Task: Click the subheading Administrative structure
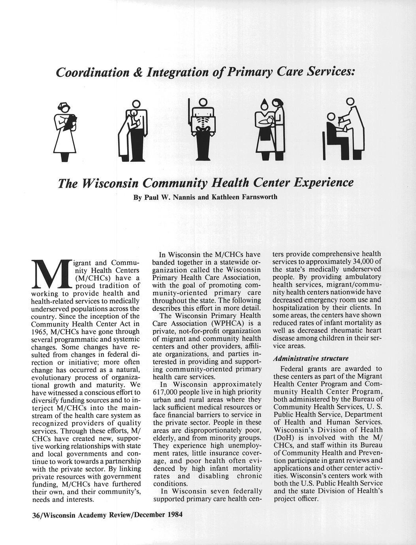point(311,359)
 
